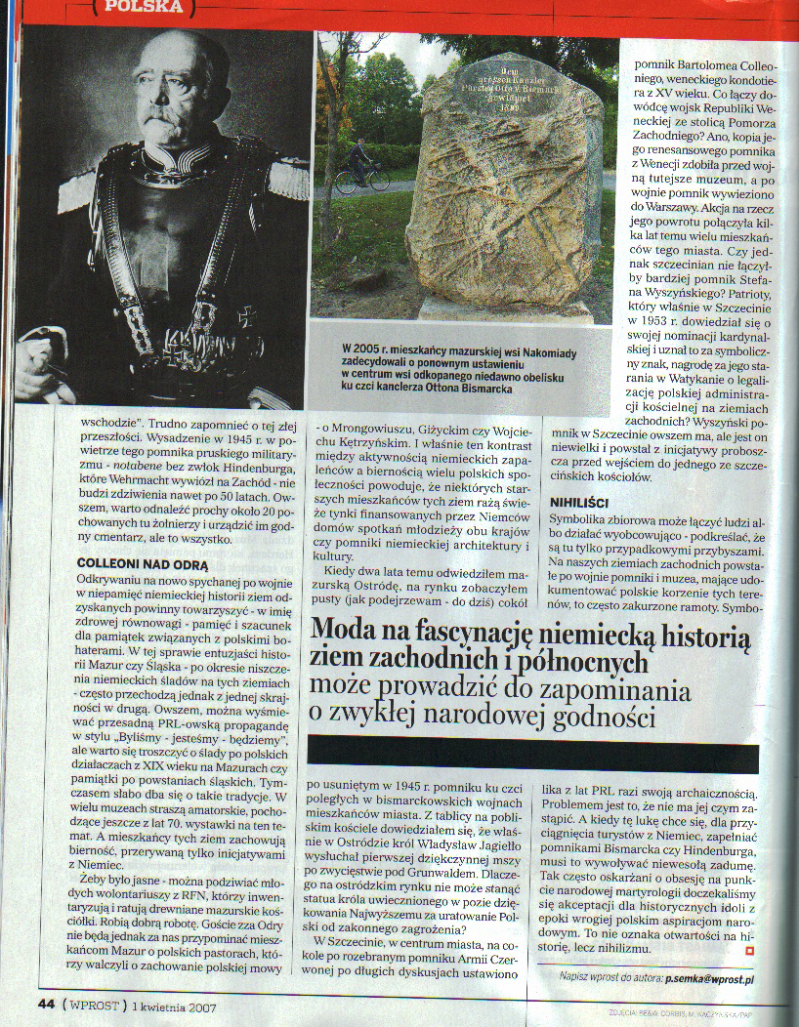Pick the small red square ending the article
tap(749, 950)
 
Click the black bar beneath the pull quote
tap(532, 752)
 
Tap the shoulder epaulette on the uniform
tap(288, 178)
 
